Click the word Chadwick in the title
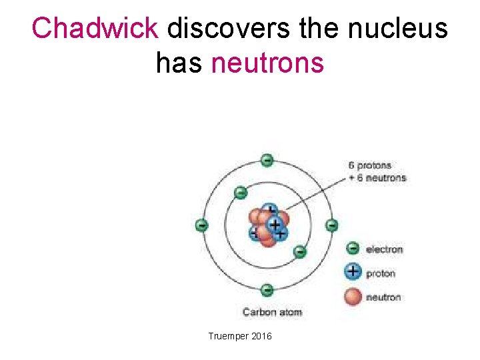tap(95, 29)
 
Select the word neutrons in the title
tap(267, 63)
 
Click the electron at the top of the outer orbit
tap(267, 160)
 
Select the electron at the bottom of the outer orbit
tap(267, 289)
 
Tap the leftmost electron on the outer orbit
tap(201, 225)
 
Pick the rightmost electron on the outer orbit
tap(331, 225)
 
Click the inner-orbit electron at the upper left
tap(240, 193)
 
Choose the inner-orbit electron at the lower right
tap(299, 251)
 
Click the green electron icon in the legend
tap(353, 249)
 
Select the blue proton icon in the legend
tap(353, 272)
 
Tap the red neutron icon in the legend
tap(353, 297)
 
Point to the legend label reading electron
tap(385, 249)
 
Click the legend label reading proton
tap(381, 273)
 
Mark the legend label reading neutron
tap(383, 297)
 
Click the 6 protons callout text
tap(369, 165)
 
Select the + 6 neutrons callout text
tap(377, 177)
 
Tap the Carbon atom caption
tap(272, 312)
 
